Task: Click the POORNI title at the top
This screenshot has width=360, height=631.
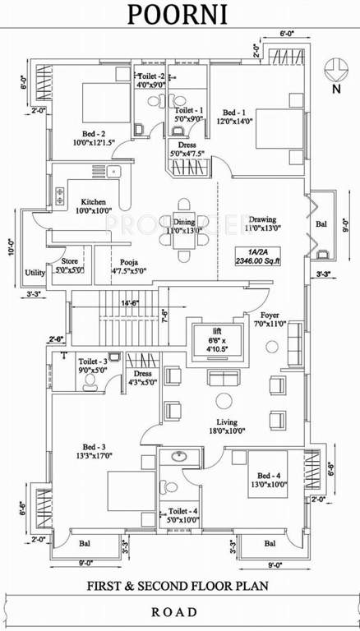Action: [x=179, y=14]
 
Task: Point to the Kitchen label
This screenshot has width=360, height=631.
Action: [x=92, y=201]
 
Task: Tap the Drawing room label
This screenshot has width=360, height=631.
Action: [x=262, y=219]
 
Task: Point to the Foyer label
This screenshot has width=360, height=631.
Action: [x=269, y=315]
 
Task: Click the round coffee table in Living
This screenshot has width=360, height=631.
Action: [x=223, y=400]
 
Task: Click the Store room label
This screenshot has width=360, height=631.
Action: [x=67, y=261]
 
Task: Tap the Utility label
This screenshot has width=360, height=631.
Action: [x=35, y=273]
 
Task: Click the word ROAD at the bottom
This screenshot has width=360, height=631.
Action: [x=179, y=611]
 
